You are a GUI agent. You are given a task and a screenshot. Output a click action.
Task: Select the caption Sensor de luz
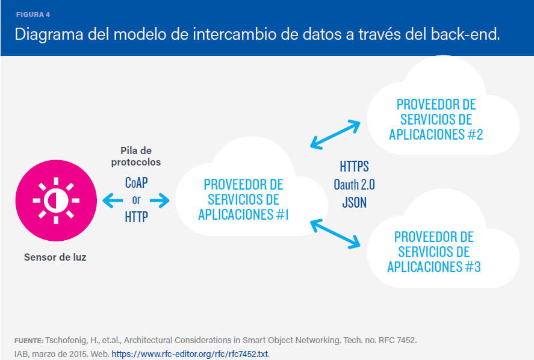[55, 257]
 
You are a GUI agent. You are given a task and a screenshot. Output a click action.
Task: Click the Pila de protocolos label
[136, 157]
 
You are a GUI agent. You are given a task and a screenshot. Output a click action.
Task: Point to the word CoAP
[136, 182]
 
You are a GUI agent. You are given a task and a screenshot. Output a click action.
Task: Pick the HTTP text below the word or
[136, 217]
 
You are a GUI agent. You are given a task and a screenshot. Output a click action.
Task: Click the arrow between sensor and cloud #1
[136, 200]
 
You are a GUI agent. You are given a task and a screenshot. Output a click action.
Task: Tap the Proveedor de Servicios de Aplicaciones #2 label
[436, 119]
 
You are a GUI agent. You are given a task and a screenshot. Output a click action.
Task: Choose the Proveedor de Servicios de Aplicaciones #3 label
[433, 252]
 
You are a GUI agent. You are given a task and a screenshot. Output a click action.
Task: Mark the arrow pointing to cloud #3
[335, 234]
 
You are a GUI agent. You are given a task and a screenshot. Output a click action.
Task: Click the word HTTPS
[354, 166]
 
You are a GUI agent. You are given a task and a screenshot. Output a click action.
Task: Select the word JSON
[354, 202]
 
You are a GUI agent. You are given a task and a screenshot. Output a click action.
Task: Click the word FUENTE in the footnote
[28, 341]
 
